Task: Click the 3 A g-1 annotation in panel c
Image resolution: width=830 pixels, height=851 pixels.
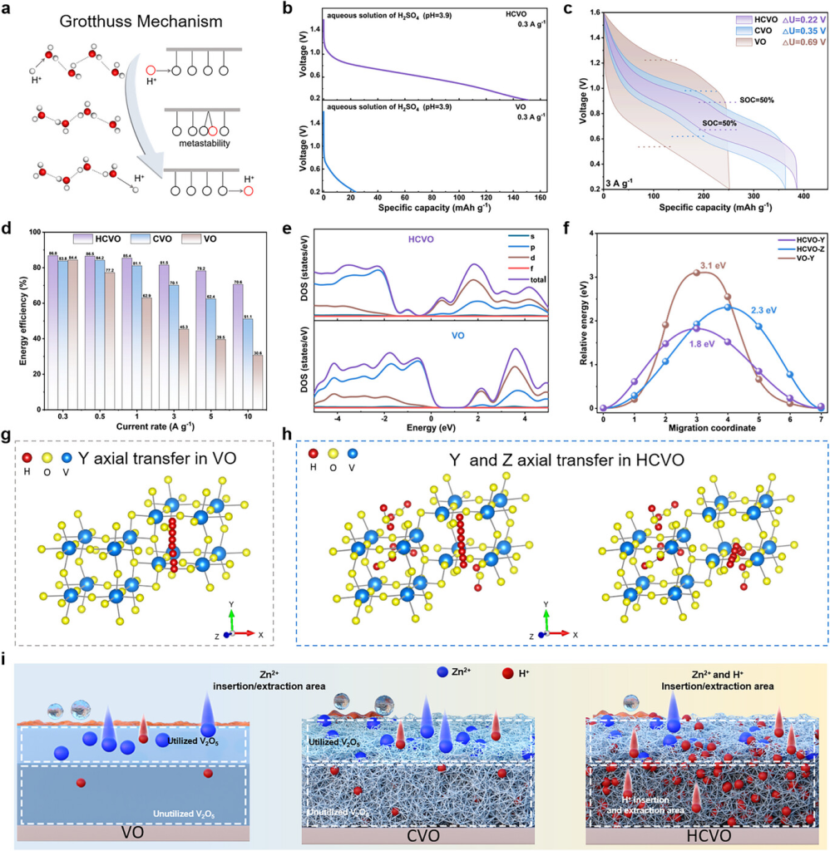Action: [x=624, y=180]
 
